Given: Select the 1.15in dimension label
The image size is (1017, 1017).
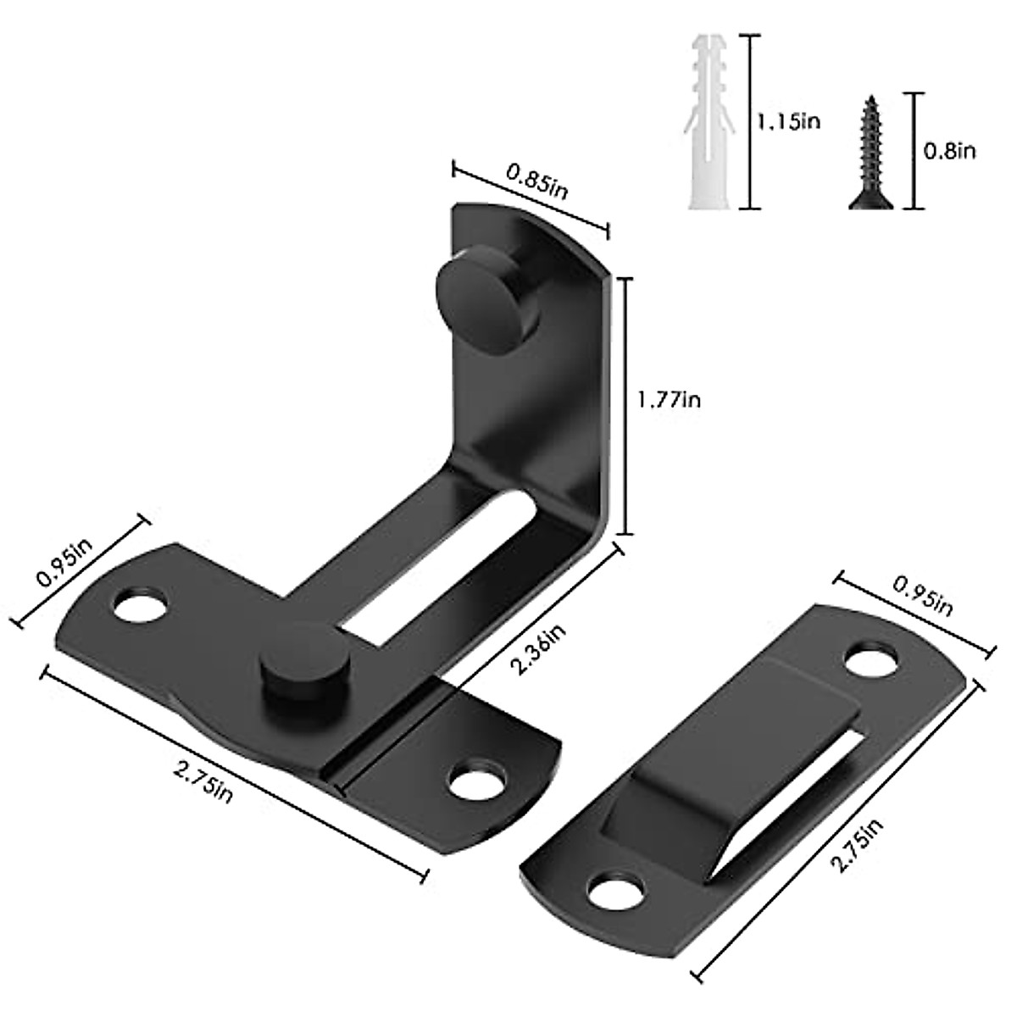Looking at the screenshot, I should (789, 122).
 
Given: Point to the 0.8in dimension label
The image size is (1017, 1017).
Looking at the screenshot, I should (949, 151).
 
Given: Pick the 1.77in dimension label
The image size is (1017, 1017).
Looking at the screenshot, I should (670, 398).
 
